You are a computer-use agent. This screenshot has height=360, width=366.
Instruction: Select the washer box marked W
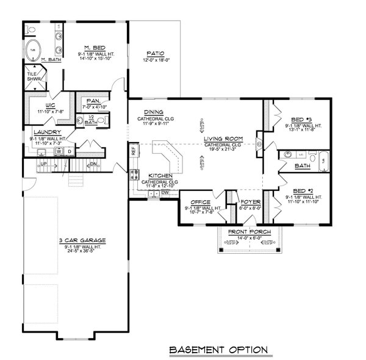pyautogui.click(x=61, y=151)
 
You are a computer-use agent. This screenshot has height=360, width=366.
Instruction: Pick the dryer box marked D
pyautogui.click(x=70, y=151)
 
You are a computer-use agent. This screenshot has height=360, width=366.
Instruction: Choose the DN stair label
pyautogui.click(x=93, y=165)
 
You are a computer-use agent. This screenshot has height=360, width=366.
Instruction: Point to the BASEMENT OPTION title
pyautogui.click(x=217, y=350)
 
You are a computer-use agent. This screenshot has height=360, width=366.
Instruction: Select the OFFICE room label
pyautogui.click(x=200, y=202)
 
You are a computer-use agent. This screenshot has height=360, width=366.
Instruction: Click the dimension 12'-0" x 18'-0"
pyautogui.click(x=154, y=60)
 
